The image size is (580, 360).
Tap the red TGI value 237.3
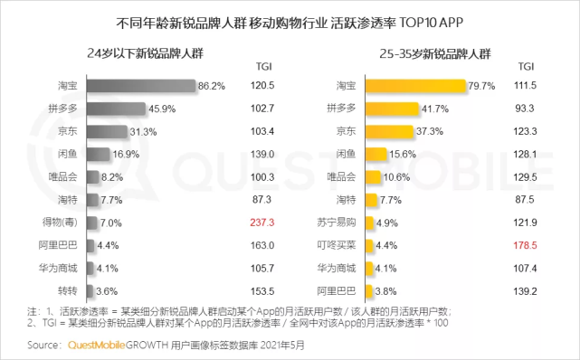pos(265,222)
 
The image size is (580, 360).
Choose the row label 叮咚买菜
pos(334,244)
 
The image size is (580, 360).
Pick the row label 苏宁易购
pos(334,222)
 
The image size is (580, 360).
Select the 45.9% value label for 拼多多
pos(163,108)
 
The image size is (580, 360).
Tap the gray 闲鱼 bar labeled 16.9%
pos(99,154)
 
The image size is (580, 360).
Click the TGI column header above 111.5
pos(525,66)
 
